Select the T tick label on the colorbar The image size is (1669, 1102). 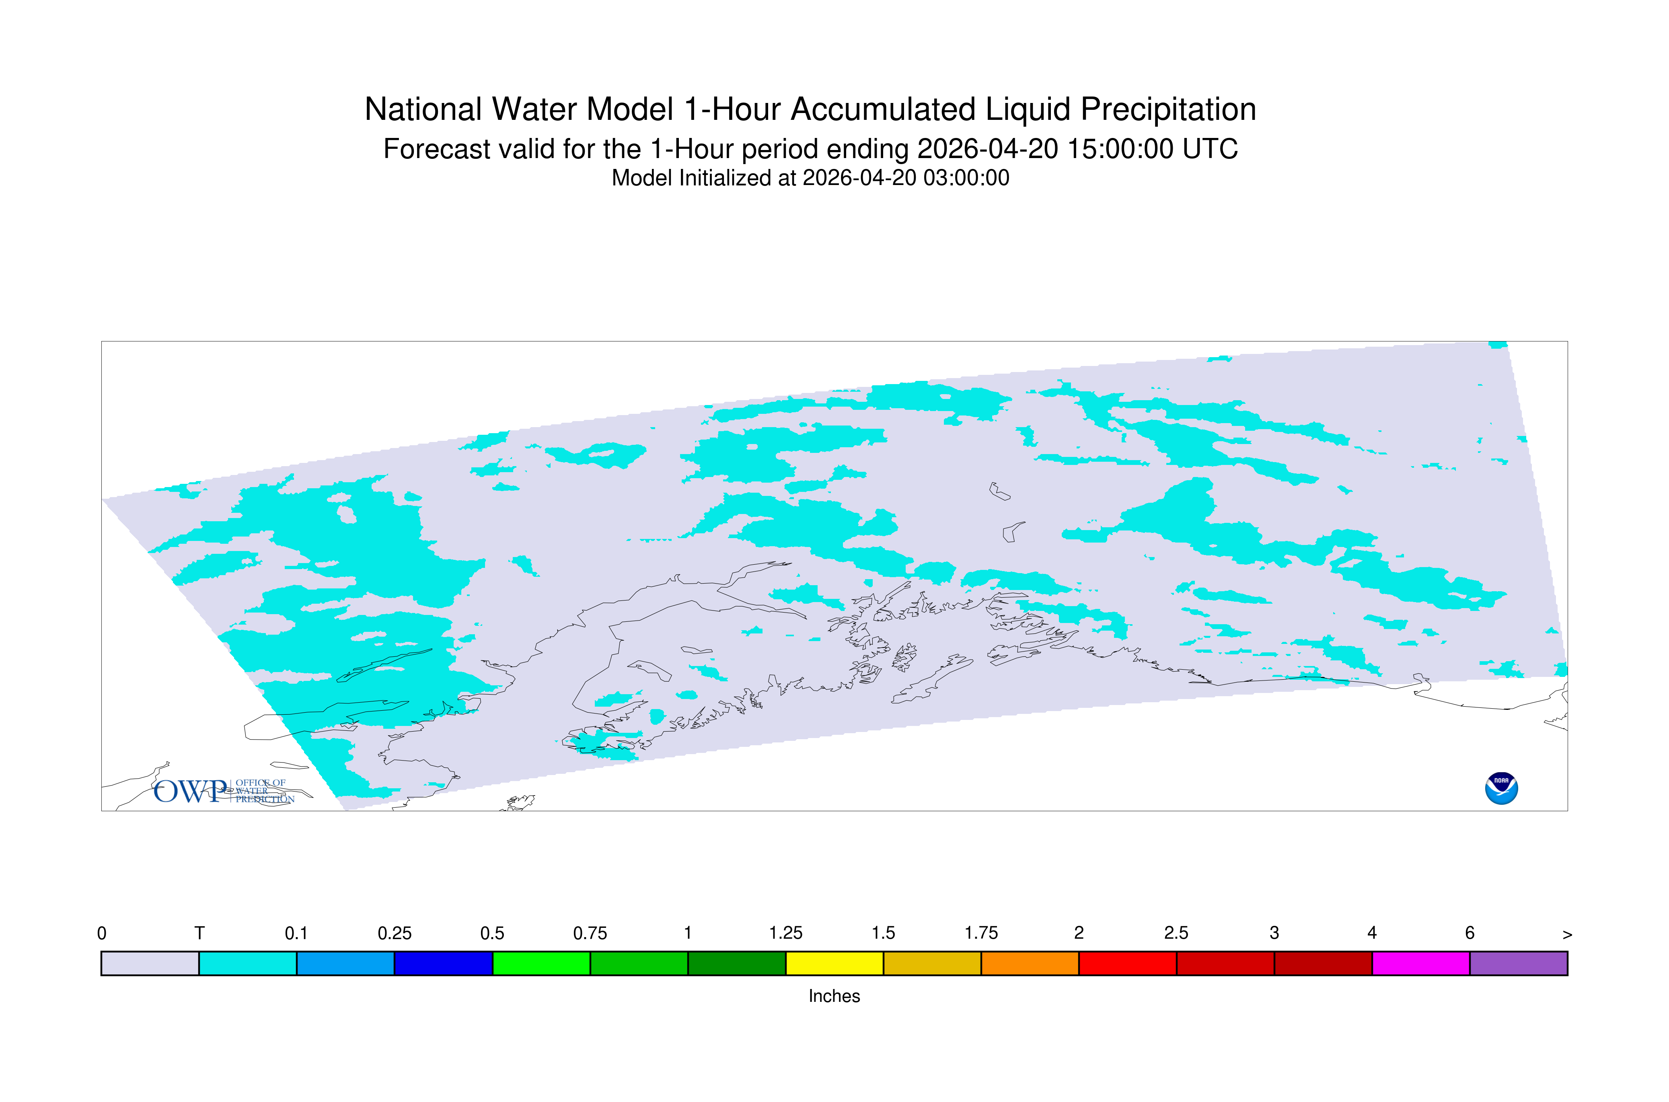(199, 933)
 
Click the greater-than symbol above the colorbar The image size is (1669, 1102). (1567, 935)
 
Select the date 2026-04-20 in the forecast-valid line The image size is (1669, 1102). (987, 149)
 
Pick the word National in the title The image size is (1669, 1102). (423, 110)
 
